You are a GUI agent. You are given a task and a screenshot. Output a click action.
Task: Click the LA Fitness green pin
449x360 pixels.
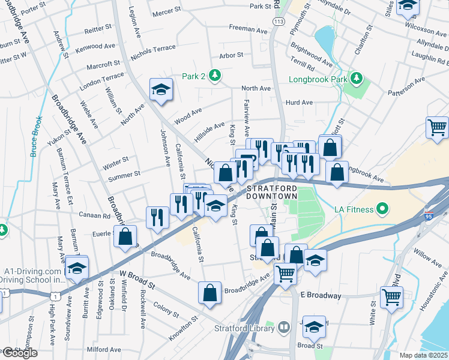381,211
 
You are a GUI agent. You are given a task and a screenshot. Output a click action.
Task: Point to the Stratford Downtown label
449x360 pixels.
273,192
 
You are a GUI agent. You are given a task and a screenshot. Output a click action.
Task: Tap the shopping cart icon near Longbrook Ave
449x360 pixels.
437,127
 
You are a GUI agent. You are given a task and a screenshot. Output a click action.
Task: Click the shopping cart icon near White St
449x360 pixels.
391,296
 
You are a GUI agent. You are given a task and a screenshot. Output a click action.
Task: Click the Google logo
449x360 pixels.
20,353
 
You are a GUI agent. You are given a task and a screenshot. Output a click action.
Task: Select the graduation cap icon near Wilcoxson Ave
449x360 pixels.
408,5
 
